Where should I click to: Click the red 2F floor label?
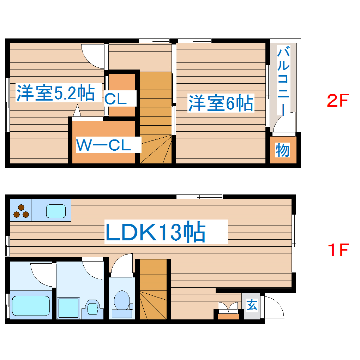coord(337,102)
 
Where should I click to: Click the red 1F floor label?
coord(337,250)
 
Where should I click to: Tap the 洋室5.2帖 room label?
coord(55,93)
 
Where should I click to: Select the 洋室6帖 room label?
coord(221,103)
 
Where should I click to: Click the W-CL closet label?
coord(104,145)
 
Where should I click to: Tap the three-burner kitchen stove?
coord(21,211)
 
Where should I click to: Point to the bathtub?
coord(31,306)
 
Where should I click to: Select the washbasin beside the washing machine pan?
coord(92,307)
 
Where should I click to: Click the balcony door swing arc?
coord(283,124)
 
